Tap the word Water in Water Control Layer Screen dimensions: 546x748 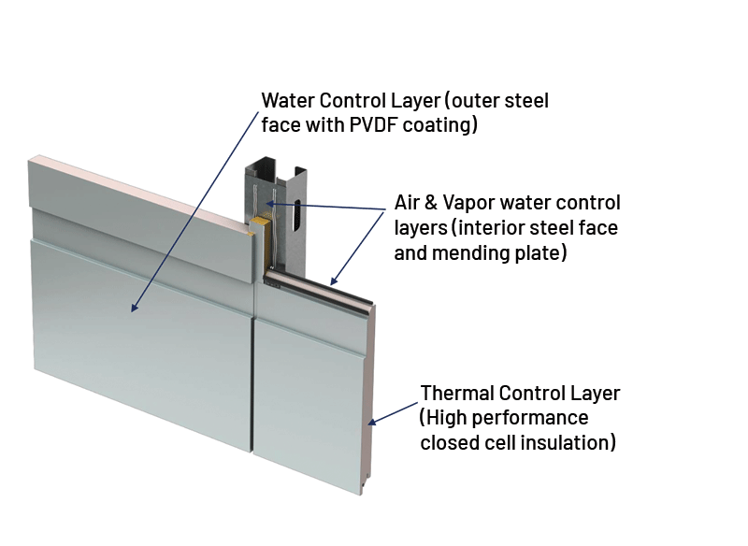(x=288, y=100)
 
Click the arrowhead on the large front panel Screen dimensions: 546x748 (x=136, y=309)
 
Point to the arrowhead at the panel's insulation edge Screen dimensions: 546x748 (x=372, y=423)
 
